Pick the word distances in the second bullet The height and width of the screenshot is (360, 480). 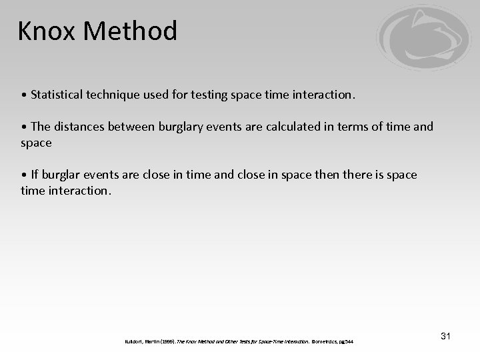coord(83,127)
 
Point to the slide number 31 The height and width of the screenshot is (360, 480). coord(445,336)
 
